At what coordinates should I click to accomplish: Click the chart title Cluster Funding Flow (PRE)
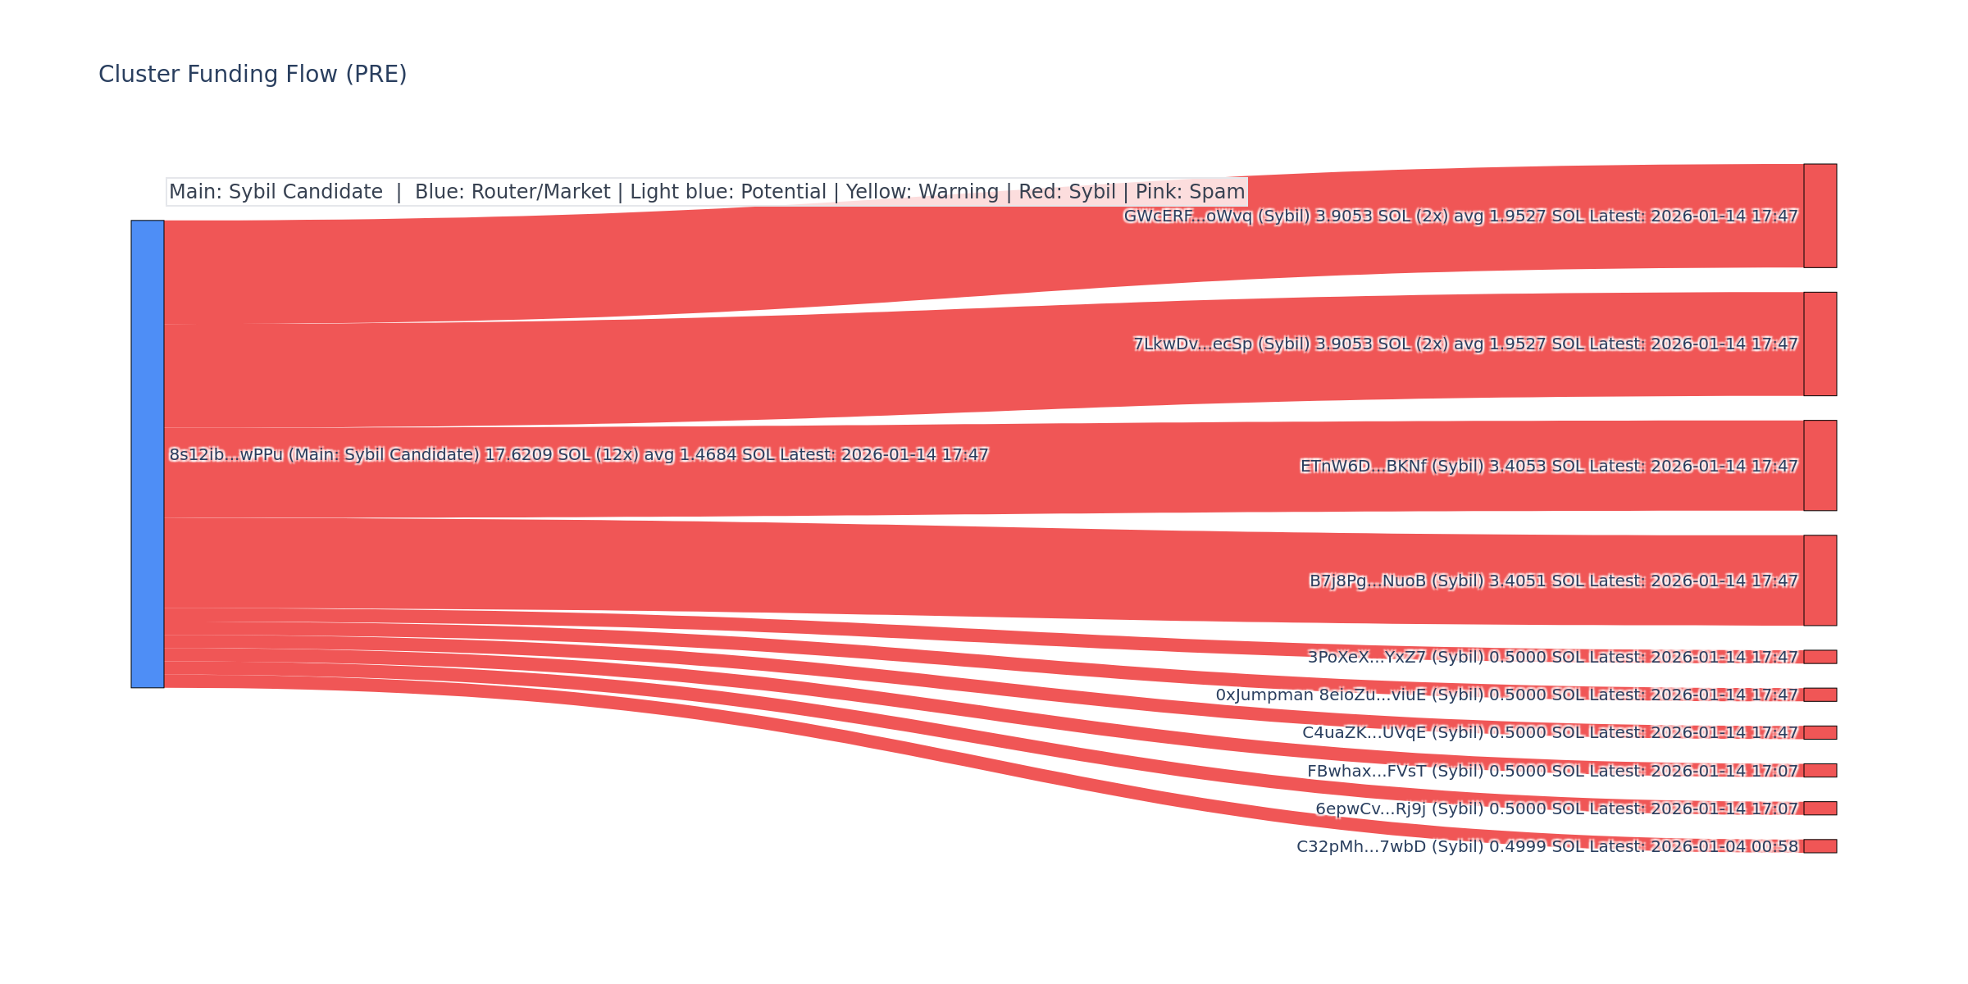click(253, 75)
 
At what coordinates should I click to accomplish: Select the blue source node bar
click(148, 453)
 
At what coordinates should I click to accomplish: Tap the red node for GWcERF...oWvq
click(1820, 216)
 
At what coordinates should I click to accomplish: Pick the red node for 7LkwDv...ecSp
click(1820, 344)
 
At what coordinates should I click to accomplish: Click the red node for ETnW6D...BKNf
click(1820, 466)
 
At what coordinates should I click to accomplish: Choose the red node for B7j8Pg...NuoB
click(1820, 581)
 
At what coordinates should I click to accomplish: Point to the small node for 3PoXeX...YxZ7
click(1820, 657)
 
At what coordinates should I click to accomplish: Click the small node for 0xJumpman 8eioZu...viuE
click(1820, 695)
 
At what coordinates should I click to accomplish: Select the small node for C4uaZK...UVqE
click(1820, 732)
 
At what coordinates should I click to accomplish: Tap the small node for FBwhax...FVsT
click(1820, 770)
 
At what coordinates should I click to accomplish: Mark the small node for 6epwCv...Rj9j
click(1820, 809)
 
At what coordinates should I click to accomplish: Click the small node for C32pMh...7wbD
click(1820, 846)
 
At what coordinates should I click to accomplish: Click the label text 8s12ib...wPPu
click(225, 454)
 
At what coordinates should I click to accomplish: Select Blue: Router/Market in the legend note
click(512, 192)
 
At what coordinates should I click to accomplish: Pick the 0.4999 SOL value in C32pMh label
click(1537, 846)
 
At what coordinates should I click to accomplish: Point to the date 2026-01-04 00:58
click(1724, 846)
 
